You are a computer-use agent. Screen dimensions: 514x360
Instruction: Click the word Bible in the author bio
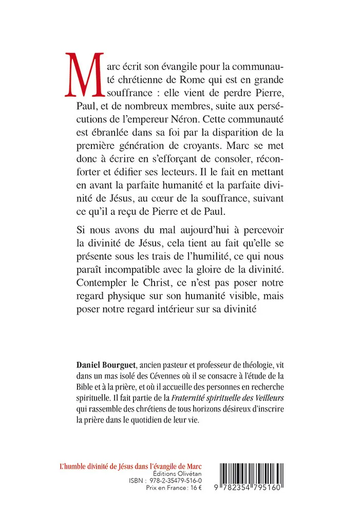pyautogui.click(x=84, y=388)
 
